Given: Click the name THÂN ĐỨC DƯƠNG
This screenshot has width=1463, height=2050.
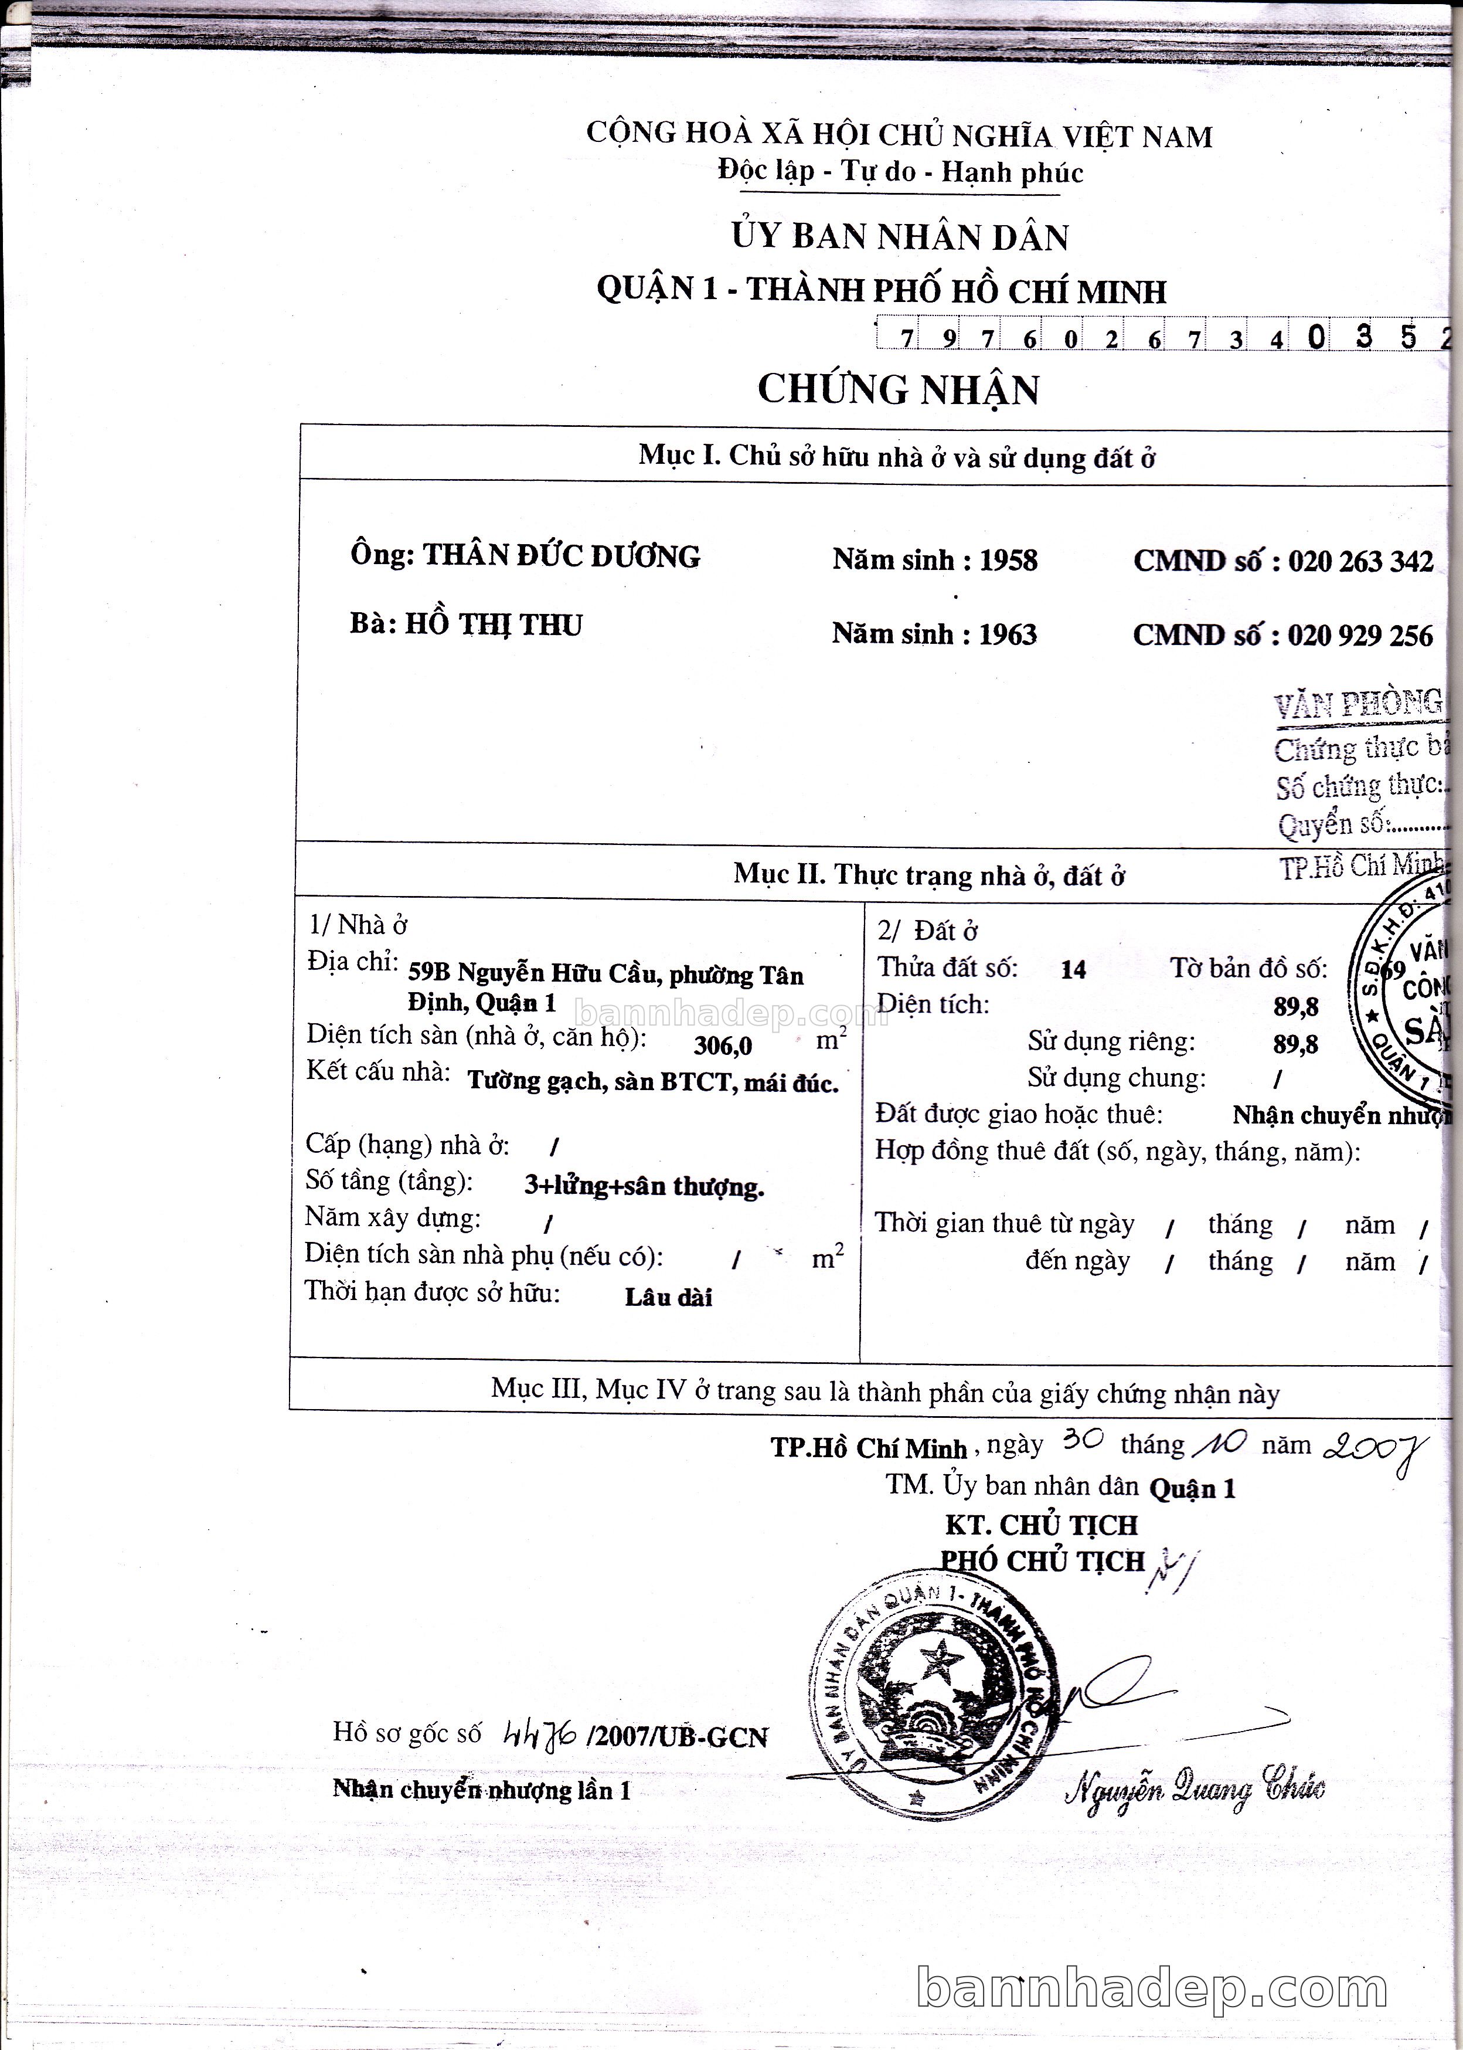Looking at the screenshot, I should (562, 556).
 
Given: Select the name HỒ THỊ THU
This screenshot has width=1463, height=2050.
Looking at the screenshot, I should (494, 624).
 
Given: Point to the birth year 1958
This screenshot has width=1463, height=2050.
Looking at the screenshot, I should (1008, 561).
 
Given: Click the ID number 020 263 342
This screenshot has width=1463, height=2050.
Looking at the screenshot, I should (1360, 561).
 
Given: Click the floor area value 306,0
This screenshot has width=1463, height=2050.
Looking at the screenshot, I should (723, 1046).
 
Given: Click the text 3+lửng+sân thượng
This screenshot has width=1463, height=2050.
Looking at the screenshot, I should (644, 1187).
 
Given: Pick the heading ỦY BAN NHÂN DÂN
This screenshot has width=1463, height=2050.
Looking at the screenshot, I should (899, 236).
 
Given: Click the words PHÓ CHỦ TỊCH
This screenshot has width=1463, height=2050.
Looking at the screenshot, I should (1042, 1561).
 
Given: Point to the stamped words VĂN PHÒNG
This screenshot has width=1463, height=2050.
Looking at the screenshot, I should (1357, 703).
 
